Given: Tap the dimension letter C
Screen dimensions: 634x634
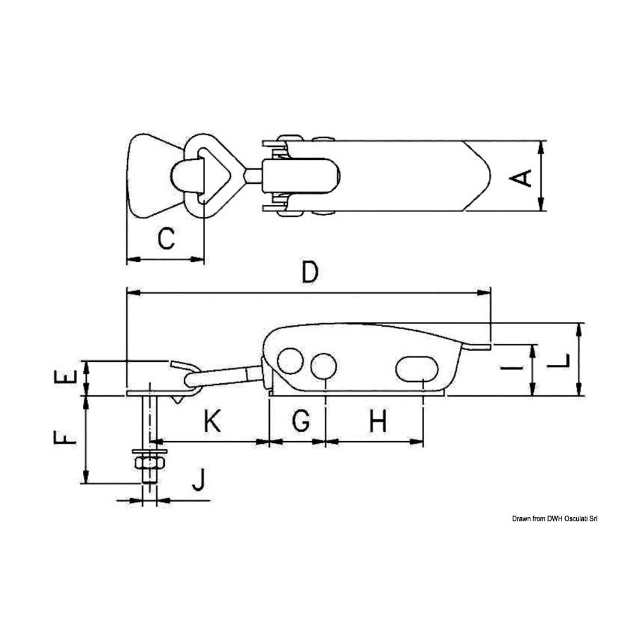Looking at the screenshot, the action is tap(166, 238).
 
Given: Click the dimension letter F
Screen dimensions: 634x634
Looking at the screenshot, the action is tap(65, 437).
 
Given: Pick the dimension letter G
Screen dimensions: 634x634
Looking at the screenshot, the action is tap(301, 421).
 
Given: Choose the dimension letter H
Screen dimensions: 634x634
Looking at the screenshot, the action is tap(378, 421).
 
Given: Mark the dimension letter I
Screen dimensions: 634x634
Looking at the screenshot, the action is tap(511, 368).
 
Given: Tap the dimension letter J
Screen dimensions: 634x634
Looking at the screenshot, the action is tap(198, 479).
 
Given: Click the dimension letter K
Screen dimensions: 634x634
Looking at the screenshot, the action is tap(212, 421).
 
